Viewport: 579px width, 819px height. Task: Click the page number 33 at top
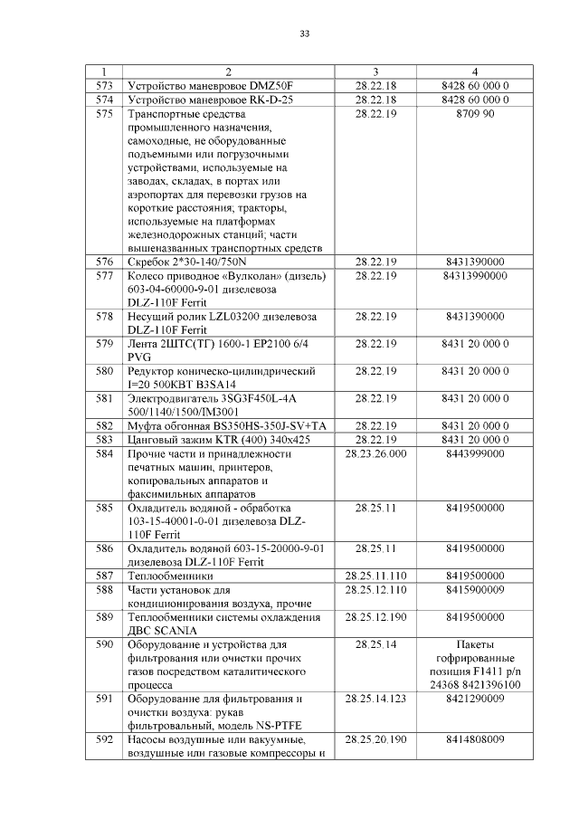pyautogui.click(x=305, y=34)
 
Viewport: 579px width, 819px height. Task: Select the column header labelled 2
pyautogui.click(x=229, y=71)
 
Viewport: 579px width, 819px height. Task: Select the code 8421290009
pyautogui.click(x=475, y=700)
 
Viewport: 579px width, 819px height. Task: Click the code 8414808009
pyautogui.click(x=475, y=740)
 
